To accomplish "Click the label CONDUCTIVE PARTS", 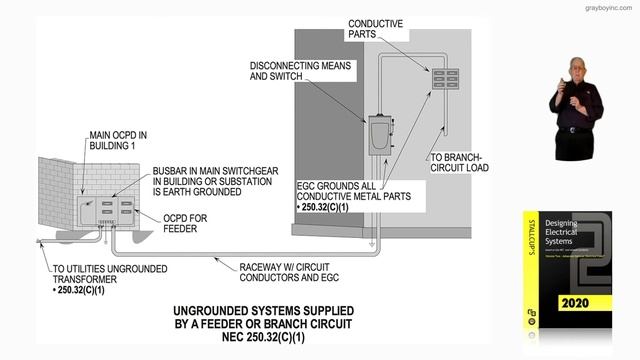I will coord(376,29).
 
